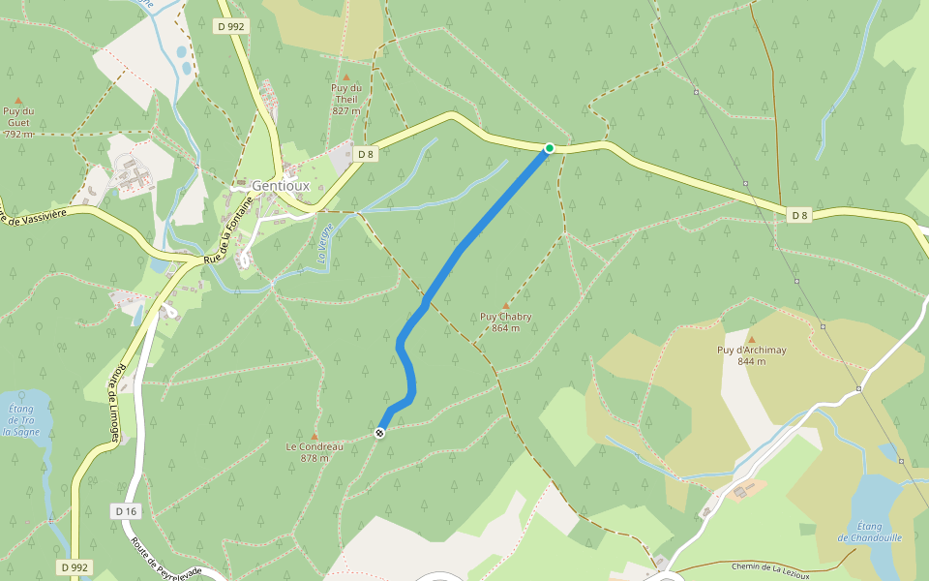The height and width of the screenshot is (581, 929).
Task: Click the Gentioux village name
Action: tap(279, 186)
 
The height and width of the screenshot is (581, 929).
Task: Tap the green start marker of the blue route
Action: tap(550, 148)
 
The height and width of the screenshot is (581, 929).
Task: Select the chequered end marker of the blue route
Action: tap(379, 433)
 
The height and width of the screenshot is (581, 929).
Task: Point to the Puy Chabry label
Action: tap(506, 321)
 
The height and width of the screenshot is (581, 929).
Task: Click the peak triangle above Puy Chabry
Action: tap(505, 305)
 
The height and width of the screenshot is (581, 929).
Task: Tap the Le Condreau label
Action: tap(315, 451)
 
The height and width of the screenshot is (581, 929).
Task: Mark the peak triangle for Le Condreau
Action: tap(315, 436)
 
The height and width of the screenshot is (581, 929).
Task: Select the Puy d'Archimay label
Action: tap(751, 355)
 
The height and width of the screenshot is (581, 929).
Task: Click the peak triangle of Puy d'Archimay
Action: tap(751, 339)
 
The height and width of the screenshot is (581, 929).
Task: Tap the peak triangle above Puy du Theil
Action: tap(346, 76)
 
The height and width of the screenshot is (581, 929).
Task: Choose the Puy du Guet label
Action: tap(18, 122)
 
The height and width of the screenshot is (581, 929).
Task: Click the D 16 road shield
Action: tap(126, 510)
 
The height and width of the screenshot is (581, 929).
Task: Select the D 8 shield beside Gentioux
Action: tap(365, 154)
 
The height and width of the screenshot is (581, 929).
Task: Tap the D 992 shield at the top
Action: tap(231, 27)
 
